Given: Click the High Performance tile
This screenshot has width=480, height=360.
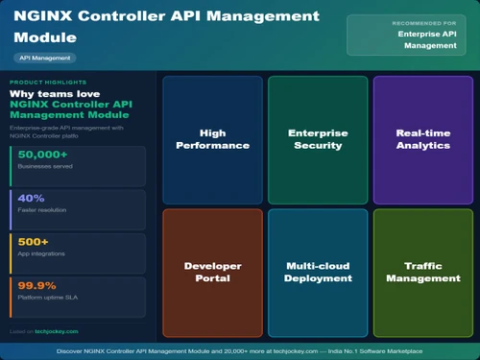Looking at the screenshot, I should coord(212,139).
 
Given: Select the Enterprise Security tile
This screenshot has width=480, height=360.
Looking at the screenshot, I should coord(318,139).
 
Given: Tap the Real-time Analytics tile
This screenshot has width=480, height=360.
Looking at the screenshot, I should coord(422,139).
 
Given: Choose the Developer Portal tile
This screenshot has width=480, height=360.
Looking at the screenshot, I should coord(212,272).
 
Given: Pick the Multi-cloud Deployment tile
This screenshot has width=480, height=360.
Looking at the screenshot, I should coord(318,272).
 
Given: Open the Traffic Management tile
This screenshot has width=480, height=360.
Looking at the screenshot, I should coord(422,272).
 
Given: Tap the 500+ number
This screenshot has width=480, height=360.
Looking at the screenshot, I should coord(33,241).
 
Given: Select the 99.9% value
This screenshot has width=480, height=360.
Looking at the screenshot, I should coord(36,285).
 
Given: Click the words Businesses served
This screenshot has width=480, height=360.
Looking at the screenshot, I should coord(44,166).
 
